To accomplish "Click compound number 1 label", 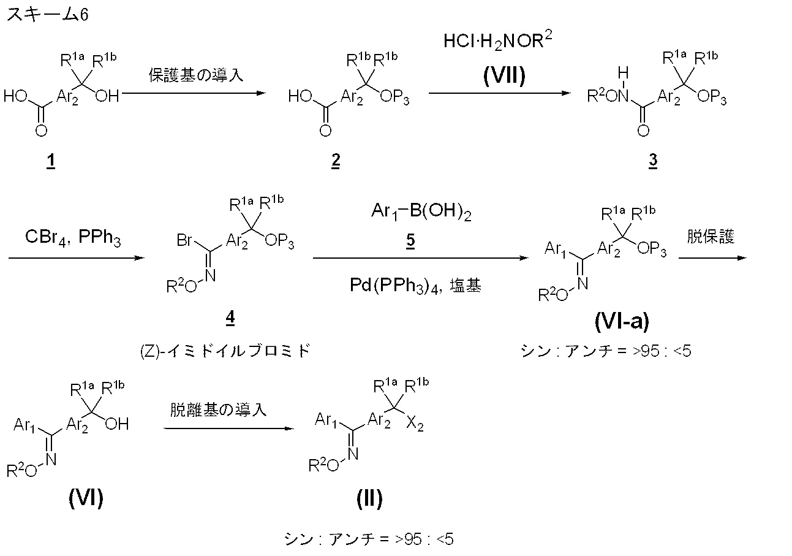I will pyautogui.click(x=50, y=162).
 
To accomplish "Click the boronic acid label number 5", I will pyautogui.click(x=410, y=240).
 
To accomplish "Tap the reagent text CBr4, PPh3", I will pyautogui.click(x=74, y=239).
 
